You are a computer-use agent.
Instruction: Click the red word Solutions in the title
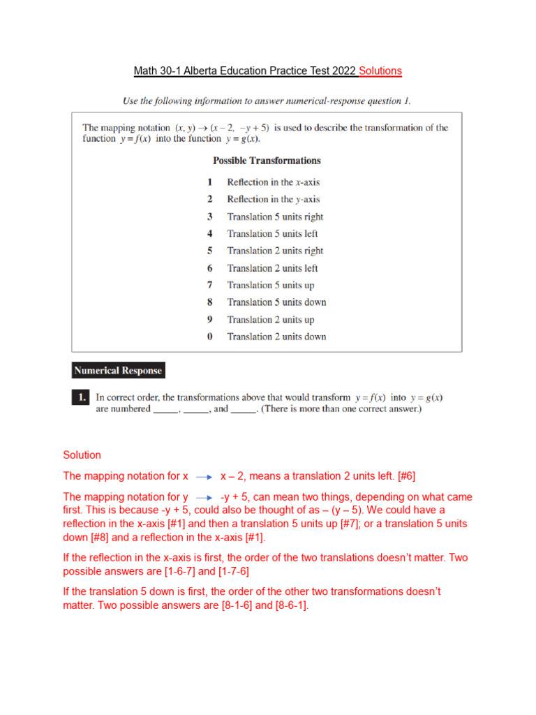(380, 71)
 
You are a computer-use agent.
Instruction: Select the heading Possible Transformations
(267, 161)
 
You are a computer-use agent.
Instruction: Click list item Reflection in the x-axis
(273, 182)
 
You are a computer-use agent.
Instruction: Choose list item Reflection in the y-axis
(273, 199)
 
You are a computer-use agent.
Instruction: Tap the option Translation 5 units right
(275, 216)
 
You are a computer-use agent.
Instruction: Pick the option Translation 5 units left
(272, 234)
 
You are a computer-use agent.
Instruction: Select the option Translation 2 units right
(275, 251)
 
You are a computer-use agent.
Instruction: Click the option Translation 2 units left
(272, 268)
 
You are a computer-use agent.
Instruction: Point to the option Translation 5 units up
(271, 285)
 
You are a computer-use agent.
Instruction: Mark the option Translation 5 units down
(276, 302)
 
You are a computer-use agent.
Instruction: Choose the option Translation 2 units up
(271, 320)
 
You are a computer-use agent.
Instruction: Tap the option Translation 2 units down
(276, 337)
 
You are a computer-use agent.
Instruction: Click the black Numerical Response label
(119, 371)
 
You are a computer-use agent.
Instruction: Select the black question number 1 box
(80, 397)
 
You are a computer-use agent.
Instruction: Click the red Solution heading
(82, 455)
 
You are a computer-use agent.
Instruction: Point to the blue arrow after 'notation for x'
(204, 477)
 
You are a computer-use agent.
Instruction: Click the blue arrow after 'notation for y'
(204, 499)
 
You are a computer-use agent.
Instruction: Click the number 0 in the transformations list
(209, 337)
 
